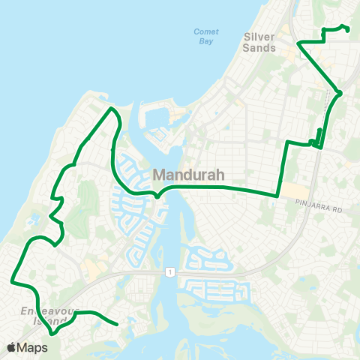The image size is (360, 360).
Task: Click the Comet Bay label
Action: tap(205, 37)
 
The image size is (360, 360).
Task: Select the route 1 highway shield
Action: tap(171, 271)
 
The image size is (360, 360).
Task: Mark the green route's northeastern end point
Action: tap(349, 30)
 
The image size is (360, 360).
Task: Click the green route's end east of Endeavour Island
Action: tap(118, 325)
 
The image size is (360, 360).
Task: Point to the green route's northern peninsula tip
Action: tap(112, 109)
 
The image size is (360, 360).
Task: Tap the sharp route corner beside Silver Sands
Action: tap(298, 43)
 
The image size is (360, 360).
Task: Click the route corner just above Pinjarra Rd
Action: tap(277, 196)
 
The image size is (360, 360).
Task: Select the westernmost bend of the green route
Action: tap(12, 280)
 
